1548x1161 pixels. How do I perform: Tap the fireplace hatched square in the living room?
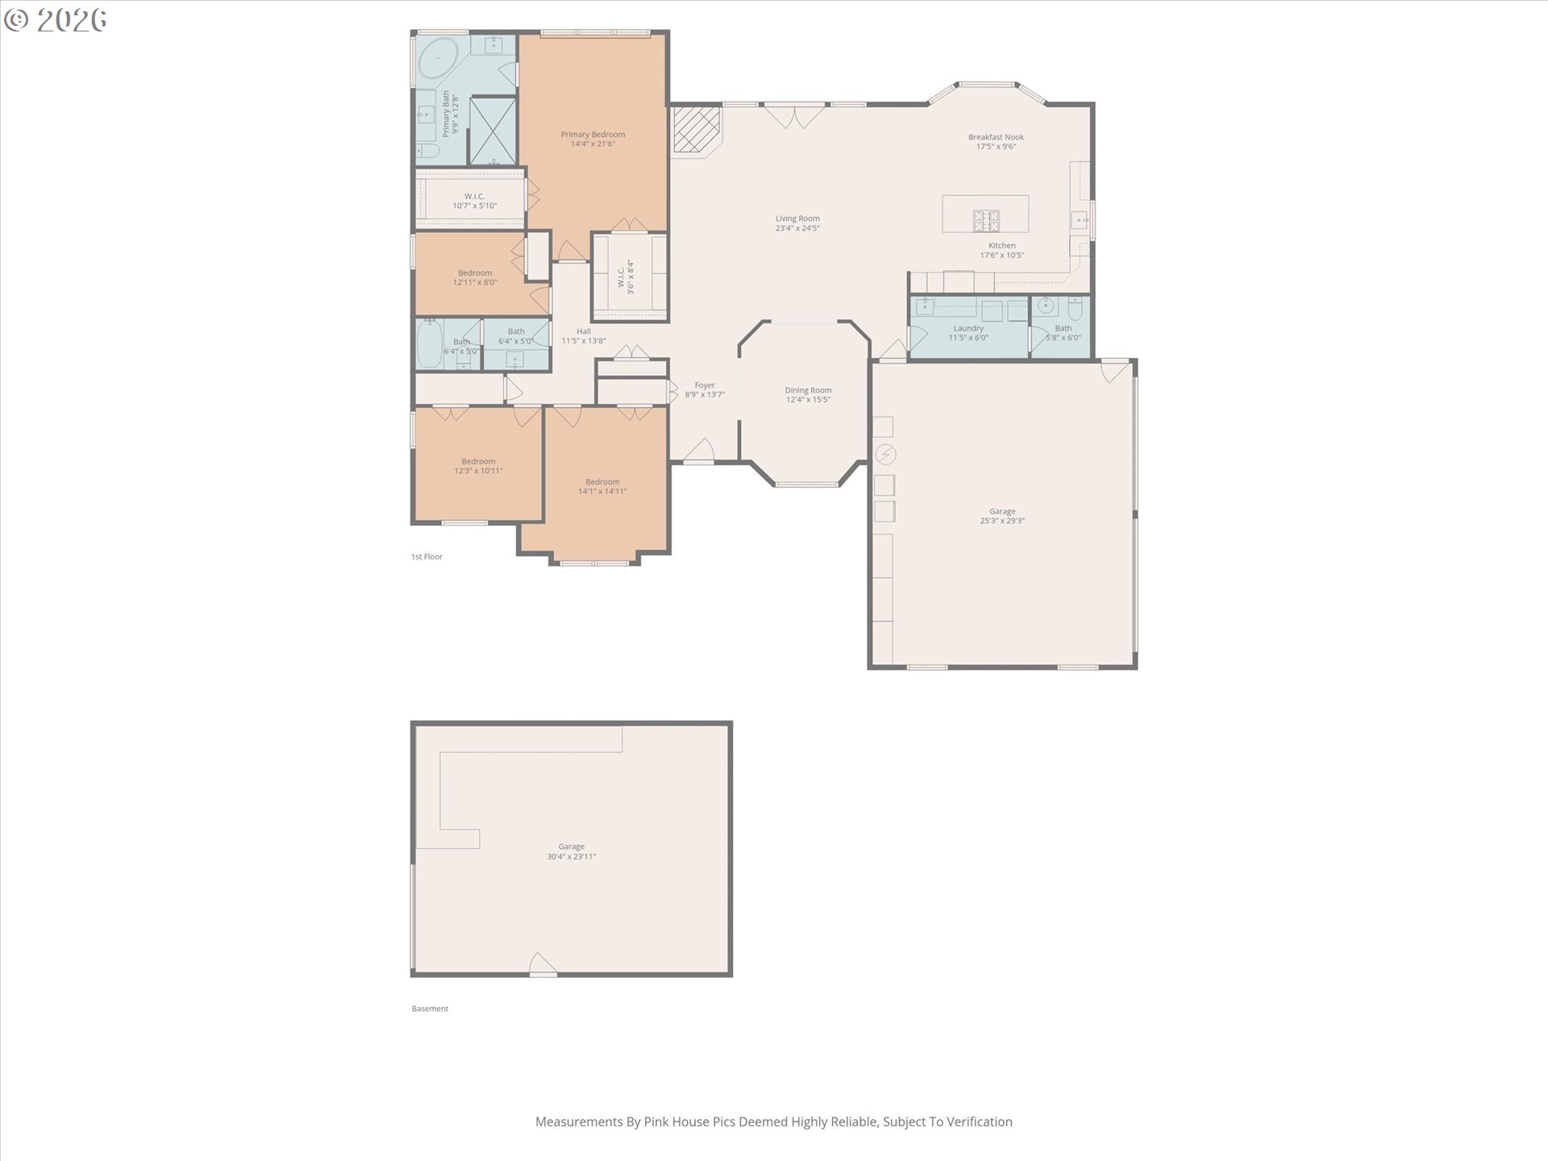click(x=696, y=130)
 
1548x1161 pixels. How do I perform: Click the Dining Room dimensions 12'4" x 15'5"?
click(x=808, y=400)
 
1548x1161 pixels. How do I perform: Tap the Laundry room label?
click(x=967, y=328)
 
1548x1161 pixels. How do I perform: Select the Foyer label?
click(x=705, y=385)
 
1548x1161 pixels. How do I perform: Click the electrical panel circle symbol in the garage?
click(x=885, y=455)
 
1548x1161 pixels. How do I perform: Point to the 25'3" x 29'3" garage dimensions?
click(x=1002, y=521)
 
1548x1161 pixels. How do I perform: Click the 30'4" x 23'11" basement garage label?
click(x=571, y=856)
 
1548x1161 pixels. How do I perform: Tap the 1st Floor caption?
click(x=427, y=556)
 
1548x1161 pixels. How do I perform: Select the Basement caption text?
click(x=430, y=1009)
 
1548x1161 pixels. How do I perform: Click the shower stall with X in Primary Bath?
click(x=493, y=130)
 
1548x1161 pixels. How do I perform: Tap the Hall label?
click(x=584, y=331)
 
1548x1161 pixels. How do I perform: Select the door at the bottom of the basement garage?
click(x=543, y=965)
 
